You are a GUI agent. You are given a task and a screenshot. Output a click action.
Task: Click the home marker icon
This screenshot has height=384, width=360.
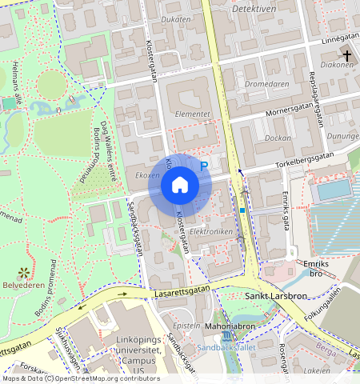180,185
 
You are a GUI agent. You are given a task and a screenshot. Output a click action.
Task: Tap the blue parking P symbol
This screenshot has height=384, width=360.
203,166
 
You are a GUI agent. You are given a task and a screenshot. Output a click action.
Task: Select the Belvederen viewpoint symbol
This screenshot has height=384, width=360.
23,272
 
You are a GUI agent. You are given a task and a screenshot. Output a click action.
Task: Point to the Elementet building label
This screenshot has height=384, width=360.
192,114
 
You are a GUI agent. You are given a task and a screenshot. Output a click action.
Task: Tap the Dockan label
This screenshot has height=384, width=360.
278,138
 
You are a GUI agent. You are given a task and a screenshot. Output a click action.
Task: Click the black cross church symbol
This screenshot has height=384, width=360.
347,54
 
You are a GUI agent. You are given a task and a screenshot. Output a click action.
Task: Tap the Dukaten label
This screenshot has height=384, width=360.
176,18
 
